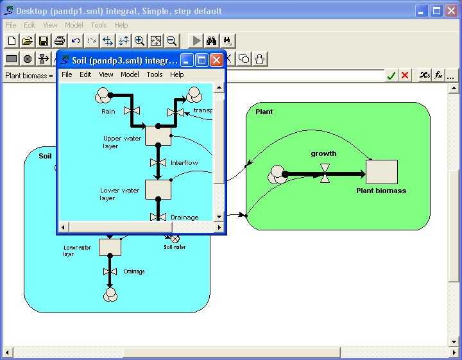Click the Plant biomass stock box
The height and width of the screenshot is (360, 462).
pyautogui.click(x=382, y=172)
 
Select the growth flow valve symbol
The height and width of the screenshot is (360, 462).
pyautogui.click(x=325, y=174)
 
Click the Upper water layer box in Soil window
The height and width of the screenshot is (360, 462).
pyautogui.click(x=158, y=135)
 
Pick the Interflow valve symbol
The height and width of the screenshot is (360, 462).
pyautogui.click(x=158, y=162)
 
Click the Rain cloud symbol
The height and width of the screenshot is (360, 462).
pyautogui.click(x=103, y=95)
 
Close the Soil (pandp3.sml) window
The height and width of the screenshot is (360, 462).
pyautogui.click(x=217, y=60)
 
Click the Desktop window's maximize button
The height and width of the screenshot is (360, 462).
pyautogui.click(x=436, y=11)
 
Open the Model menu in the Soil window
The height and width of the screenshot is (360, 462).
pyautogui.click(x=130, y=74)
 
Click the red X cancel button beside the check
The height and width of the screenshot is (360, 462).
pyautogui.click(x=405, y=76)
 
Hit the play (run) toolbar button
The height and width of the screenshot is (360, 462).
pyautogui.click(x=196, y=40)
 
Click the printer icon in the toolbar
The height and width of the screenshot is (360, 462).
pyautogui.click(x=60, y=40)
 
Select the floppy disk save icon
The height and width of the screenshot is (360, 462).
pyautogui.click(x=44, y=40)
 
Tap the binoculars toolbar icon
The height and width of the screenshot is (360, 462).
pyautogui.click(x=211, y=40)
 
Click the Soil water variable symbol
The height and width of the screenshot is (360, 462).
pyautogui.click(x=175, y=239)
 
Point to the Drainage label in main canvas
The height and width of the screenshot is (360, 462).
pyautogui.click(x=134, y=271)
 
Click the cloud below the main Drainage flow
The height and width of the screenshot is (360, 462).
pyautogui.click(x=110, y=295)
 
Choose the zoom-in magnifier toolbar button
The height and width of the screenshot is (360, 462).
pyautogui.click(x=139, y=40)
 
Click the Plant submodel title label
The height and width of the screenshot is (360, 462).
pyautogui.click(x=264, y=112)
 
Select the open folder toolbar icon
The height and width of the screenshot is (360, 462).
pyautogui.click(x=28, y=40)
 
